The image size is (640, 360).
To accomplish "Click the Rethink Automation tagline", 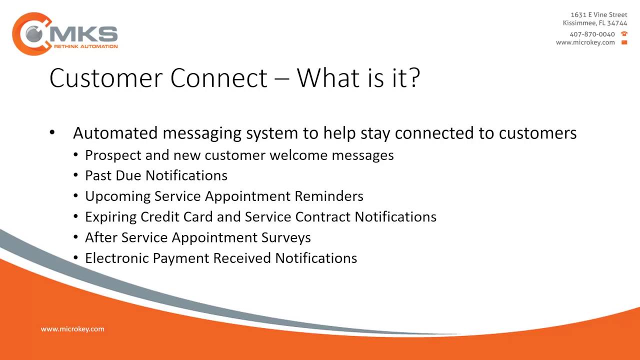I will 85,46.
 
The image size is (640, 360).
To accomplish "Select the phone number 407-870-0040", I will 592,34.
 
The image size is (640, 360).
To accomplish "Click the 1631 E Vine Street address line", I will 598,15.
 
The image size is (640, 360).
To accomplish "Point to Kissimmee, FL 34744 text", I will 594,23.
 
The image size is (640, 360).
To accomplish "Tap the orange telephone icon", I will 624,34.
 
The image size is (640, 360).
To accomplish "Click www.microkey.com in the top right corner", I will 585,42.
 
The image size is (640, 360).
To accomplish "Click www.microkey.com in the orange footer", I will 72,329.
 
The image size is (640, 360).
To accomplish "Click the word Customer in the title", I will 106,78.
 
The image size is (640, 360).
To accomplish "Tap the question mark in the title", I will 413,78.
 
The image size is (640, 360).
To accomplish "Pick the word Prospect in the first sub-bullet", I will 113,155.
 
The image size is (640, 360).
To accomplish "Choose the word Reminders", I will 328,196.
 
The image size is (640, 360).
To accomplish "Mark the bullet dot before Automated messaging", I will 52,133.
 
